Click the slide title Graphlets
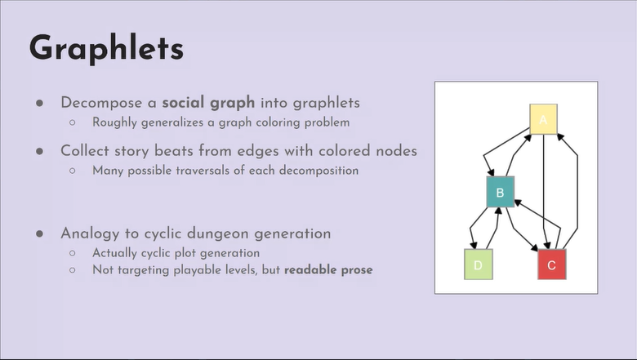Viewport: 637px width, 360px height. [x=106, y=48]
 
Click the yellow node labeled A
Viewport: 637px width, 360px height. [x=543, y=119]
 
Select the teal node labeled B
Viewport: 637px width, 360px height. [x=499, y=193]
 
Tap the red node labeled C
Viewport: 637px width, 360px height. [x=551, y=264]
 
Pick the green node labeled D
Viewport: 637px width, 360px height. [x=479, y=264]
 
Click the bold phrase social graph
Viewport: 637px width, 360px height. [x=208, y=104]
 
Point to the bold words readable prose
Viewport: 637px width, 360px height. [x=327, y=269]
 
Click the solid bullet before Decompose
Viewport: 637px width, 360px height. [x=38, y=104]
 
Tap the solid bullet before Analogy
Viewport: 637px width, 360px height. [x=38, y=233]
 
